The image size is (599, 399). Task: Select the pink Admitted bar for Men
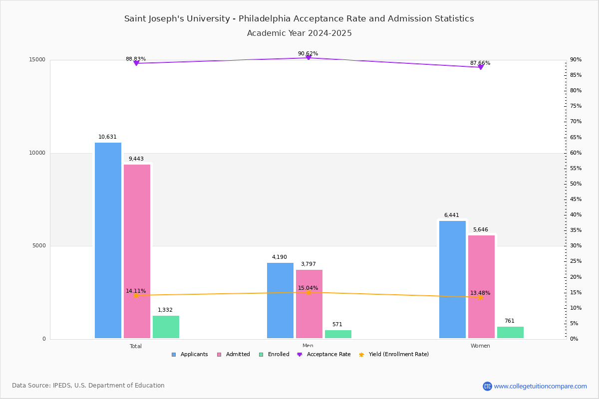point(309,304)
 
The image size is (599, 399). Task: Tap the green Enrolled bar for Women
point(510,333)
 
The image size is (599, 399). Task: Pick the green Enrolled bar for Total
point(166,327)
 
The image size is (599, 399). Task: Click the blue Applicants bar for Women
point(452,279)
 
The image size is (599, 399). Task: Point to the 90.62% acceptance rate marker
point(308,58)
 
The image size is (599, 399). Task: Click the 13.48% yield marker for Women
point(480,297)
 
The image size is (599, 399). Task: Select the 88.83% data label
point(136,59)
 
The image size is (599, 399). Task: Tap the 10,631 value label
point(107,137)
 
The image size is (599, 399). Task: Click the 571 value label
point(337,325)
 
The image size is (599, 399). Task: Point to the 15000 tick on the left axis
point(38,60)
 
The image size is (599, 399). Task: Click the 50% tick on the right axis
point(576,184)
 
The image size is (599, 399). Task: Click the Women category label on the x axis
point(480,346)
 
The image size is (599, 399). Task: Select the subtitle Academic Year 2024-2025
point(299,33)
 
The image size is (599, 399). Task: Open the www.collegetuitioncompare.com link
point(540,386)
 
